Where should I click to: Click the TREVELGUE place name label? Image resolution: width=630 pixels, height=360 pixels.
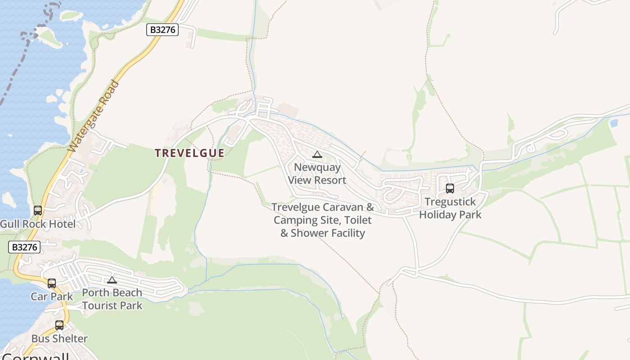point(189,153)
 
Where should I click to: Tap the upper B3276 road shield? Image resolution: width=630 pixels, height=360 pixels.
point(162,30)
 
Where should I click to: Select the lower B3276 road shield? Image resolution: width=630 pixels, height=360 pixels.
point(24,247)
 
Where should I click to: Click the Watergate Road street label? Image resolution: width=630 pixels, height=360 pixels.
point(94,116)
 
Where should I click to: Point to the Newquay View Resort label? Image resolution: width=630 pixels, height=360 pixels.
point(317,174)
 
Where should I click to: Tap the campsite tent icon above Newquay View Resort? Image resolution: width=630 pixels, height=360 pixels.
point(317,155)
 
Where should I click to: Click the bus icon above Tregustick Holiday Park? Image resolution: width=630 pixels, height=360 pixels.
point(450,189)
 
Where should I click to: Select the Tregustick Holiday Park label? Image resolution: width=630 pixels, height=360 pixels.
point(450,208)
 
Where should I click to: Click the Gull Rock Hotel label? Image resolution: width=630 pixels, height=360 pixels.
point(38,224)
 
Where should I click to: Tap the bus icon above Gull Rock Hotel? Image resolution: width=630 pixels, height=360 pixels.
point(38,210)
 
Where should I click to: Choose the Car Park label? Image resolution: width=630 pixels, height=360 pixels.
point(52,297)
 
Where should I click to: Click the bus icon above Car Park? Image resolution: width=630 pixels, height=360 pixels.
point(52,283)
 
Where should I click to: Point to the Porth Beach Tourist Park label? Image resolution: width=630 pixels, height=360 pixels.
point(112,299)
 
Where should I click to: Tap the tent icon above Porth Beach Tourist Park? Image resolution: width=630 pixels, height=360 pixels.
point(112,280)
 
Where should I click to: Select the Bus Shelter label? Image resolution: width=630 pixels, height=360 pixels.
point(59,338)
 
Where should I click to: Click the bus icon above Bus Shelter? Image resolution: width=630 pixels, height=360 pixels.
point(59,325)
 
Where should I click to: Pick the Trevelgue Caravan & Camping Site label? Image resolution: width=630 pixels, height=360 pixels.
point(323,220)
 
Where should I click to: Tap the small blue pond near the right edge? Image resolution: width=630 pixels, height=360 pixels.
point(614,122)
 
